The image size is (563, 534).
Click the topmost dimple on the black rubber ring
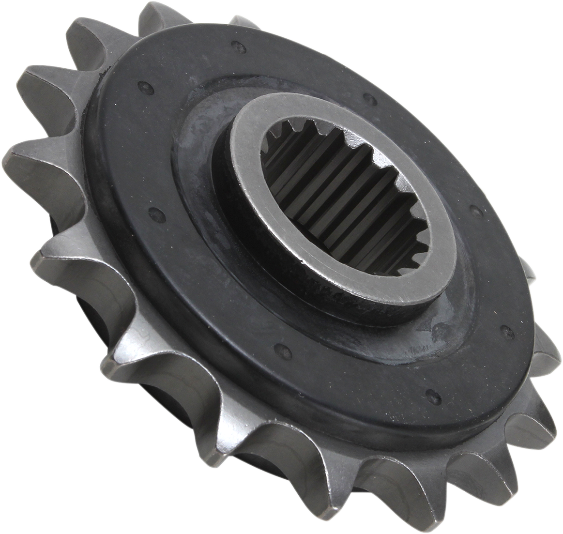click(237, 46)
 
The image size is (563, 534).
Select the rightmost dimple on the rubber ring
click(507, 333)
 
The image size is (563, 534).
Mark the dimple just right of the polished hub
click(476, 212)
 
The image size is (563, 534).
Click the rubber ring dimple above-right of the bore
click(370, 99)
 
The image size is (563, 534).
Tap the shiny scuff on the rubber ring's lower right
click(436, 334)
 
